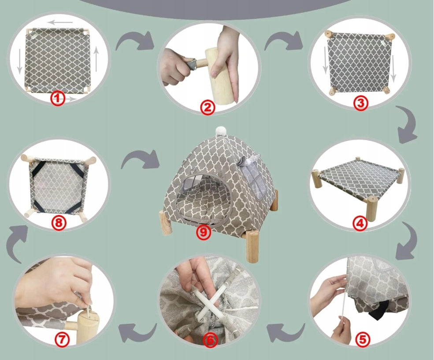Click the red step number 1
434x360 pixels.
(x=58, y=99)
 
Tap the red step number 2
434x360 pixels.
(x=208, y=108)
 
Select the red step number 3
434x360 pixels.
(x=361, y=103)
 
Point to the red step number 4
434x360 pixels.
(x=360, y=223)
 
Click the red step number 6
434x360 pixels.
(x=210, y=340)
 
